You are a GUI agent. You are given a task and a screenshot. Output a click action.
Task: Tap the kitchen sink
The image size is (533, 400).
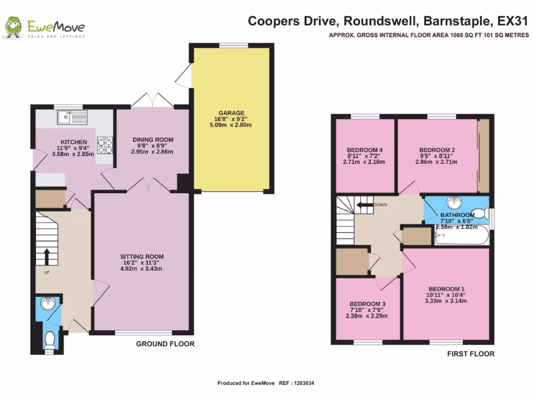(72, 118)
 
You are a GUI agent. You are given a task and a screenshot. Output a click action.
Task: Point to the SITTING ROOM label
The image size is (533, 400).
(142, 256)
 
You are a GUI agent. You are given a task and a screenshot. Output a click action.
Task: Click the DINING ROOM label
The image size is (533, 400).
(153, 140)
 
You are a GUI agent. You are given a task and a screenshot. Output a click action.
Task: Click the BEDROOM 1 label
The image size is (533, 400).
(446, 289)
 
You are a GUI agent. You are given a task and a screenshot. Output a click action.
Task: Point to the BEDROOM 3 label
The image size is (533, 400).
(367, 304)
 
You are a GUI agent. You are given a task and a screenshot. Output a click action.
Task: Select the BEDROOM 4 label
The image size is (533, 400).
(364, 150)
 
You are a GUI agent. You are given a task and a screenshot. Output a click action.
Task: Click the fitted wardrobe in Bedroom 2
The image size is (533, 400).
(484, 156)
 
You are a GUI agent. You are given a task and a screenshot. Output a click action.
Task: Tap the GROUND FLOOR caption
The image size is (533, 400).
(165, 344)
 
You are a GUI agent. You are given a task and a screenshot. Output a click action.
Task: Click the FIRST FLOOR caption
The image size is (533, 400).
(471, 354)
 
